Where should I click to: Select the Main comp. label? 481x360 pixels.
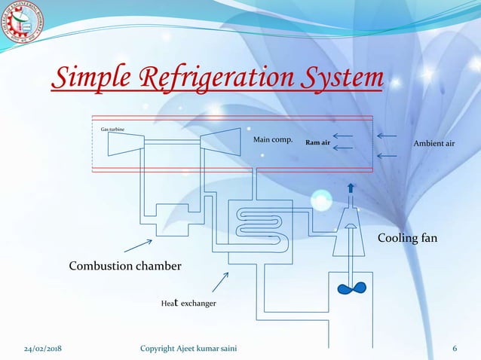pyautogui.click(x=272, y=139)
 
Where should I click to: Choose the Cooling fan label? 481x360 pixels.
pyautogui.click(x=407, y=238)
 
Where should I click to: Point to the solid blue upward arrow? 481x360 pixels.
pyautogui.click(x=351, y=188)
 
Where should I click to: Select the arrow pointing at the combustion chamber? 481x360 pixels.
pyautogui.click(x=138, y=246)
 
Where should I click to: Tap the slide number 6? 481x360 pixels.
pyautogui.click(x=455, y=349)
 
